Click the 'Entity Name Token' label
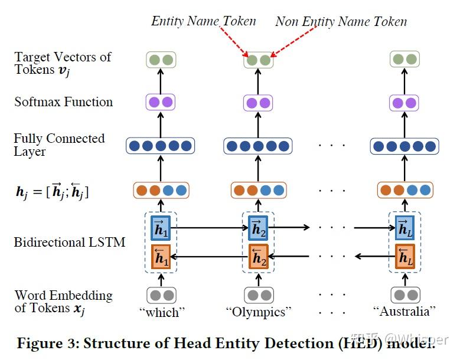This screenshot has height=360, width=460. point(203,21)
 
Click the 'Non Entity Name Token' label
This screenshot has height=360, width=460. point(341,22)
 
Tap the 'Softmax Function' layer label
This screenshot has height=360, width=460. point(64,102)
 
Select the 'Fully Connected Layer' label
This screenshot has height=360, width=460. point(59,145)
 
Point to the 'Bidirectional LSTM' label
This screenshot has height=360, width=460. point(70,242)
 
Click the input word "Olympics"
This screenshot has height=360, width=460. point(258,312)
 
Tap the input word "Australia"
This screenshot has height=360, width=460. point(404,312)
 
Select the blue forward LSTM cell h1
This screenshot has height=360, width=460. point(160,228)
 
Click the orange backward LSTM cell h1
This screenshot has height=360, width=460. point(160,256)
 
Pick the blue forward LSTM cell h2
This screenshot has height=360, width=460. point(258,228)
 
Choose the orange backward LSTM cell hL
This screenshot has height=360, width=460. point(404,256)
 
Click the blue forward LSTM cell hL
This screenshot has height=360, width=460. point(404,228)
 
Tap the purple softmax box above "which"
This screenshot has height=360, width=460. point(160,102)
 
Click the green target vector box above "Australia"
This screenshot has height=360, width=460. point(404,59)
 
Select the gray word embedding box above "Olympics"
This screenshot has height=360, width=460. point(258,294)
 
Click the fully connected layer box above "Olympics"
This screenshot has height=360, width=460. point(258,146)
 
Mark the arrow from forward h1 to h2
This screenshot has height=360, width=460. point(209,227)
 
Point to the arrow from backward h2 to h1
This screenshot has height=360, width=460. point(209,256)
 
